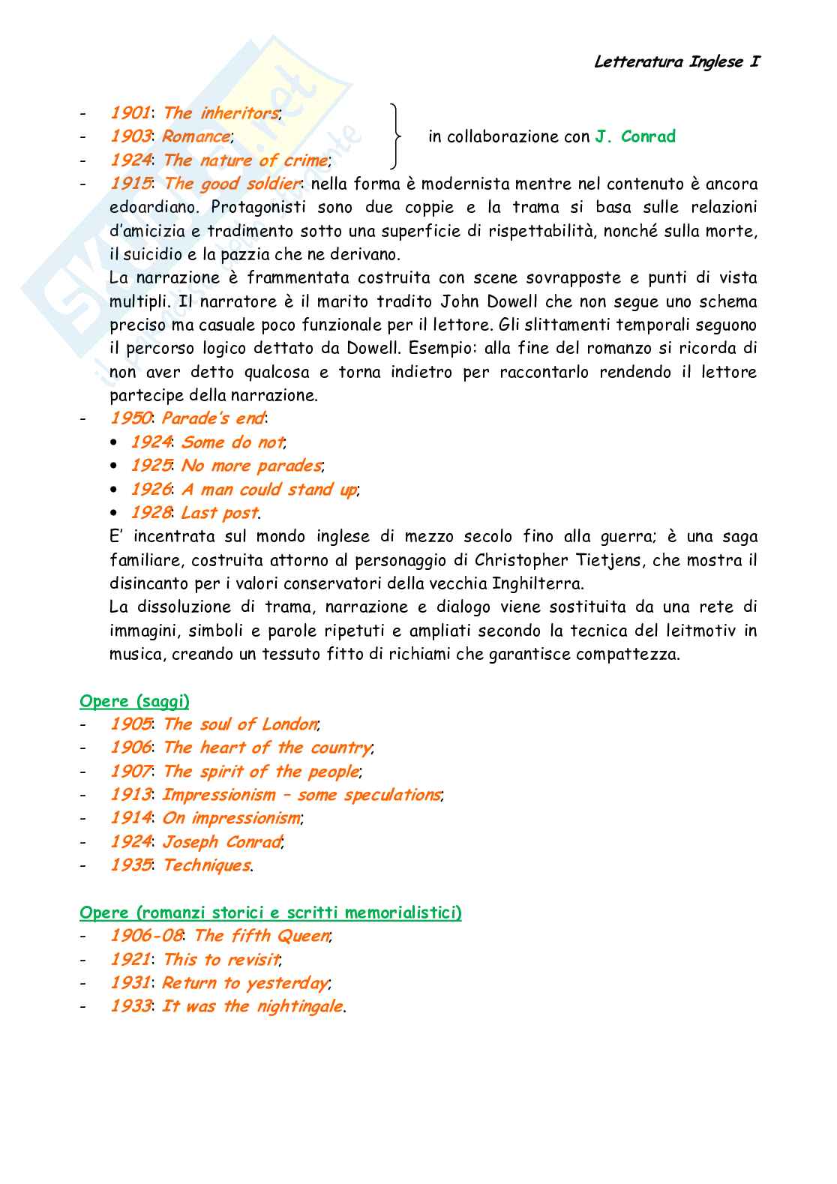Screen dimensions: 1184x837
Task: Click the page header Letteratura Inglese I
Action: click(676, 62)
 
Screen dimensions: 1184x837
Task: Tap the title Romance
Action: click(196, 136)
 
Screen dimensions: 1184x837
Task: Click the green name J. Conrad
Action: click(635, 136)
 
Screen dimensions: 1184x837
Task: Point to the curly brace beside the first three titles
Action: click(394, 136)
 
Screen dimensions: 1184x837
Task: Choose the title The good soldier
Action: click(232, 184)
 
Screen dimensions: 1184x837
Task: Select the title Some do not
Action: click(232, 442)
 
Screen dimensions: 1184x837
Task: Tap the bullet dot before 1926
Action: click(114, 490)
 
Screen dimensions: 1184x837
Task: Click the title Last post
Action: click(220, 513)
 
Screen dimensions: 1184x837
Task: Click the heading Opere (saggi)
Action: click(134, 701)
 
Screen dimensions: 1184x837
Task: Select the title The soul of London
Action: click(240, 724)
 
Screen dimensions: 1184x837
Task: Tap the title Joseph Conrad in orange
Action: click(222, 842)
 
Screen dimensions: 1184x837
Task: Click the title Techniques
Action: click(207, 865)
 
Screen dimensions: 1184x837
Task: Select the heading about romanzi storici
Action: click(271, 913)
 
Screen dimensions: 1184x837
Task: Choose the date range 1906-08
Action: click(146, 936)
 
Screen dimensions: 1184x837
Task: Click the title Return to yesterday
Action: click(245, 983)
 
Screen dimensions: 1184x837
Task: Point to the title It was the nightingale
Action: click(253, 1006)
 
